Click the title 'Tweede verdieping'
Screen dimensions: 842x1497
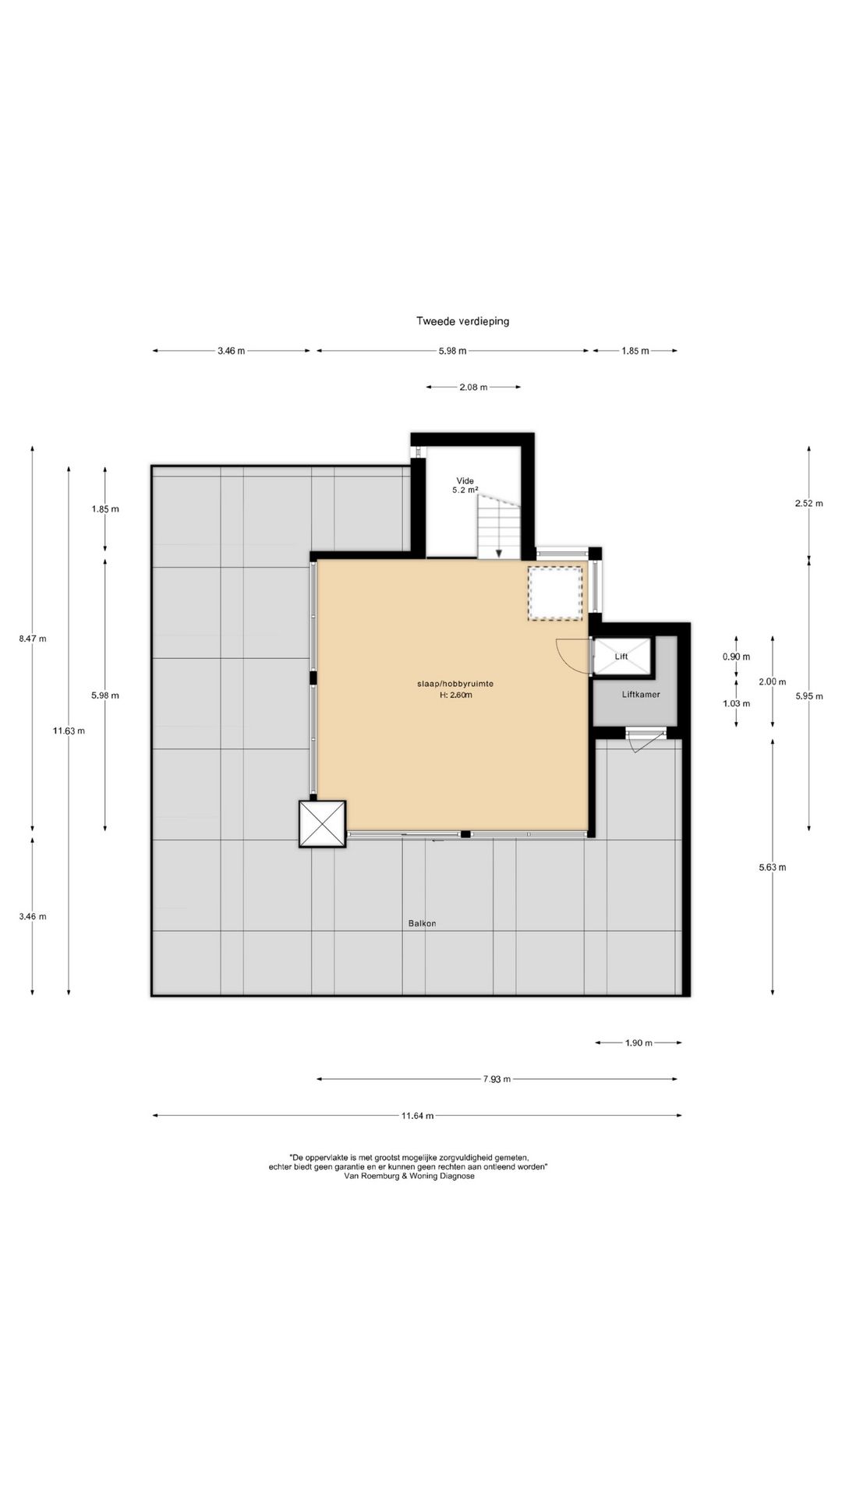click(x=462, y=321)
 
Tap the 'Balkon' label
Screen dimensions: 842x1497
click(x=422, y=923)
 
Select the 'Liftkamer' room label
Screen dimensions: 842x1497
click(x=642, y=694)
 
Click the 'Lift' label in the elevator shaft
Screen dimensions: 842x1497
click(x=621, y=656)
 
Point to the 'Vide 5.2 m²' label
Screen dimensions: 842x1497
click(x=464, y=486)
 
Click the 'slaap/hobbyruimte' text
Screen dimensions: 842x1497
click(x=455, y=684)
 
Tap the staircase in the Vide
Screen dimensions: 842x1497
click(x=499, y=529)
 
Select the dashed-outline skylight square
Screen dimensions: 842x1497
click(x=555, y=593)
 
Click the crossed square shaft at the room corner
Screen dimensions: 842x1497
click(x=322, y=823)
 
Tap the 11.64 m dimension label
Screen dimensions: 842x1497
click(x=418, y=1116)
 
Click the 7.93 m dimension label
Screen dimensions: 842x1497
click(x=497, y=1079)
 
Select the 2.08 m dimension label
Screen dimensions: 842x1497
click(x=473, y=387)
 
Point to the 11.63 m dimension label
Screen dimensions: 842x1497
click(x=69, y=731)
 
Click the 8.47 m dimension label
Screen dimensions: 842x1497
click(x=32, y=639)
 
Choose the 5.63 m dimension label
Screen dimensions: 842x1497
click(x=772, y=867)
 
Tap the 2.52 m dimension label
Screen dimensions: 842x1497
click(x=808, y=504)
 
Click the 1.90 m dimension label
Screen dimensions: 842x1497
click(x=639, y=1043)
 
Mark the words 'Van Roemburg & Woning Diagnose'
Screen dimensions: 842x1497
click(x=409, y=1177)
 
